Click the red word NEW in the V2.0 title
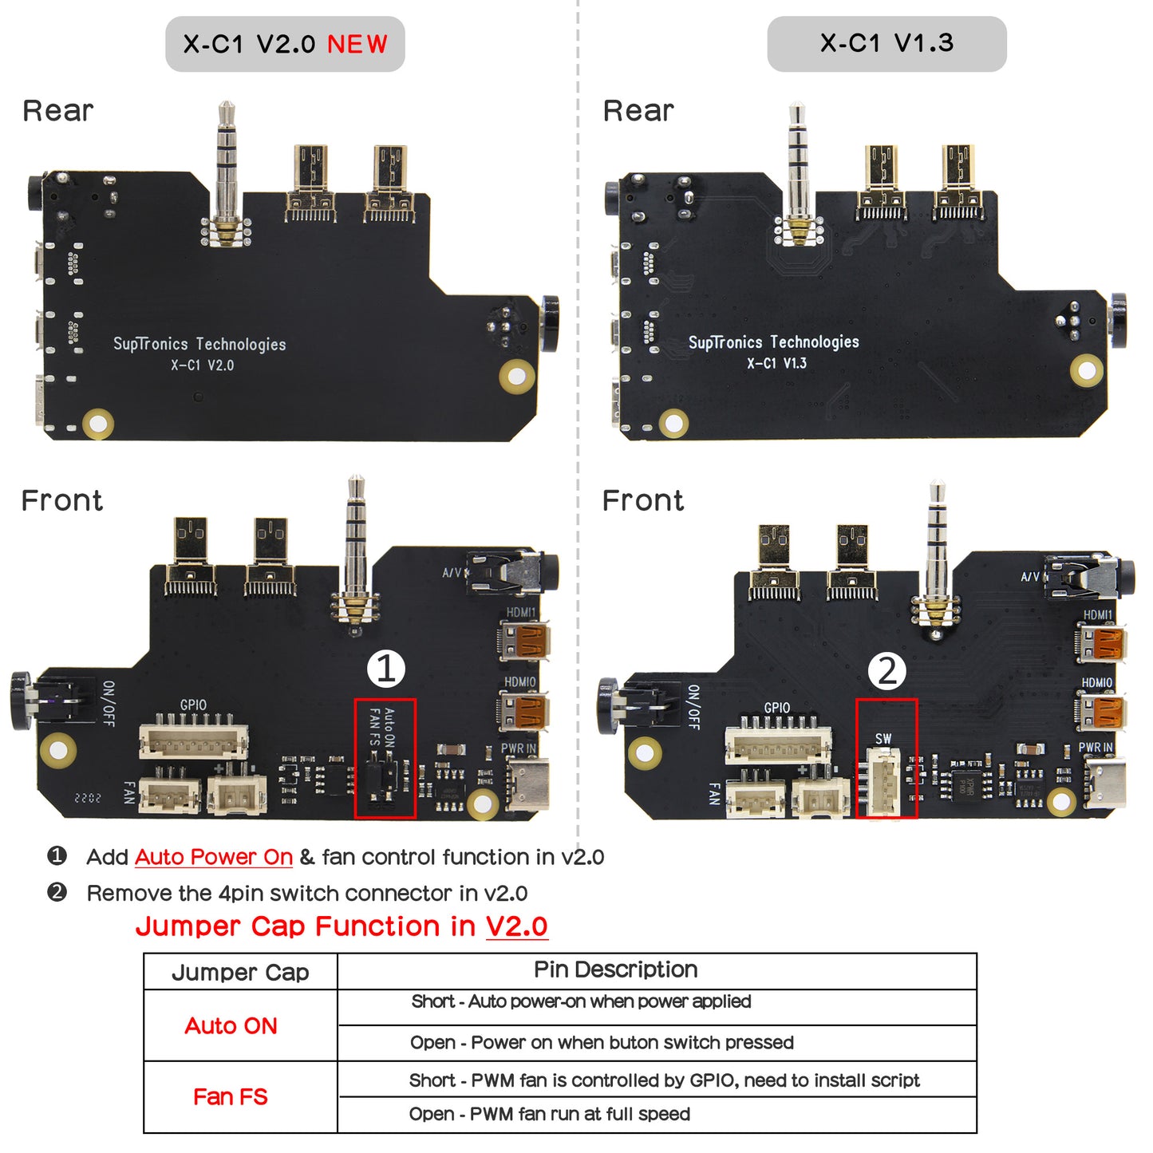pos(357,44)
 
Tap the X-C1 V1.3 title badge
pos(886,44)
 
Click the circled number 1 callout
pos(386,669)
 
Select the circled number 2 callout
pos(886,671)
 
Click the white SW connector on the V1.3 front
pos(883,781)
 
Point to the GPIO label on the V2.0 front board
pos(193,705)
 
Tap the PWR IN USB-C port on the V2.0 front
pos(527,784)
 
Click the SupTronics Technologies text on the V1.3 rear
pos(773,342)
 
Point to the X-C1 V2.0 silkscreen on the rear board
pos(202,365)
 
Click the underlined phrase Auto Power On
pos(214,857)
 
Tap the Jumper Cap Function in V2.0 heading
pos(342,926)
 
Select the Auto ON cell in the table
pos(231,1025)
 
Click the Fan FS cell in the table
pos(231,1097)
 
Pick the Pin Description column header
pos(615,969)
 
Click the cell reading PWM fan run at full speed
pos(549,1115)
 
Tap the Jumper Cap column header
pos(240,972)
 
